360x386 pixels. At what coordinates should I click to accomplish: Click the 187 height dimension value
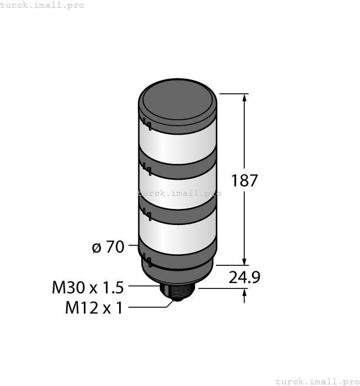click(x=245, y=180)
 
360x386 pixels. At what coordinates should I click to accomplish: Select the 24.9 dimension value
click(x=244, y=277)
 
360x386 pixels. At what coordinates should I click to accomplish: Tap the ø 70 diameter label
click(x=108, y=248)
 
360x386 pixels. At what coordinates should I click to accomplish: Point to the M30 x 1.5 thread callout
click(x=88, y=287)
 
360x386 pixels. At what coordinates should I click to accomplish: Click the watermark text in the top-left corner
click(x=42, y=5)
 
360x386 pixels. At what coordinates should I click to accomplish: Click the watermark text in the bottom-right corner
click(x=316, y=381)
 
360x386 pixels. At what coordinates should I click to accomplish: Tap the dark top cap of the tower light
click(x=178, y=102)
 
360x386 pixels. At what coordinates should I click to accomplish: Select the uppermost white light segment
click(x=178, y=142)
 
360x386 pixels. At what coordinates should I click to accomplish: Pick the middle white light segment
click(x=178, y=189)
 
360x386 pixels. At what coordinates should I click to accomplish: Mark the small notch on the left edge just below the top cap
click(x=143, y=122)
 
